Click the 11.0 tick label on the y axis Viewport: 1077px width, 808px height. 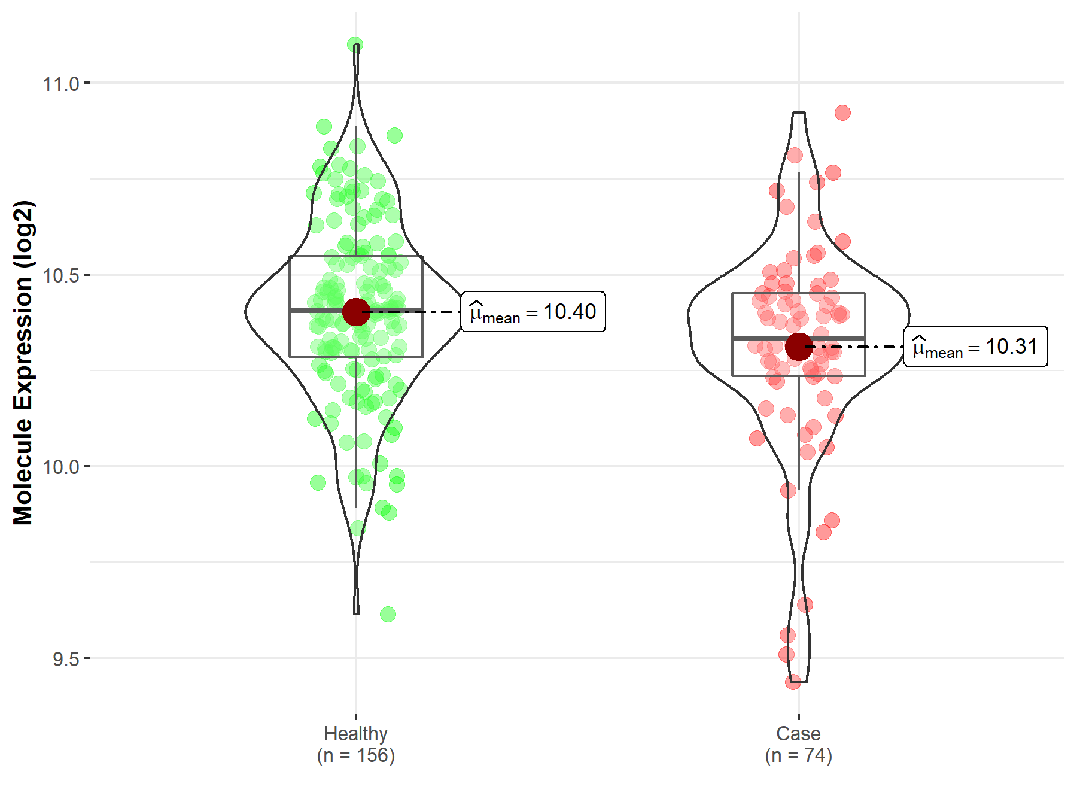[x=61, y=84]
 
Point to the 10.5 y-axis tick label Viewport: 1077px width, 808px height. [x=61, y=275]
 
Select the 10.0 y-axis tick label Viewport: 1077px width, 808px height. [x=61, y=467]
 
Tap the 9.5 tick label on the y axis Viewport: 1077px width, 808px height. [x=66, y=659]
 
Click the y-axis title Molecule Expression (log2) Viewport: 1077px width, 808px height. [x=23, y=363]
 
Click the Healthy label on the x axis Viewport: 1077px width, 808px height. [x=355, y=733]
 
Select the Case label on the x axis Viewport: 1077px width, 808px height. [x=798, y=733]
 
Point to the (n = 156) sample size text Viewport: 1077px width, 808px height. [x=355, y=755]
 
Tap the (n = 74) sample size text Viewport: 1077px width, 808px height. [x=798, y=755]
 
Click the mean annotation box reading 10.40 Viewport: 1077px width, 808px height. [x=533, y=312]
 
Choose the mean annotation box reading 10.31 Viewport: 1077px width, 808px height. [x=975, y=347]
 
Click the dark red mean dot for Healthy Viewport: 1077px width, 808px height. [x=356, y=312]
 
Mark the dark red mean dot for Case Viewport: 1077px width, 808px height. [x=798, y=347]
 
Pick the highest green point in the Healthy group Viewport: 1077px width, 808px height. [x=355, y=45]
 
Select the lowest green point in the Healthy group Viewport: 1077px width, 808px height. [x=388, y=614]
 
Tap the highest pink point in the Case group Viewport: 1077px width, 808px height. [x=842, y=113]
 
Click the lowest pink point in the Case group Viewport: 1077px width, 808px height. [x=793, y=682]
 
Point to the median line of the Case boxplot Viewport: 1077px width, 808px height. [x=766, y=338]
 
